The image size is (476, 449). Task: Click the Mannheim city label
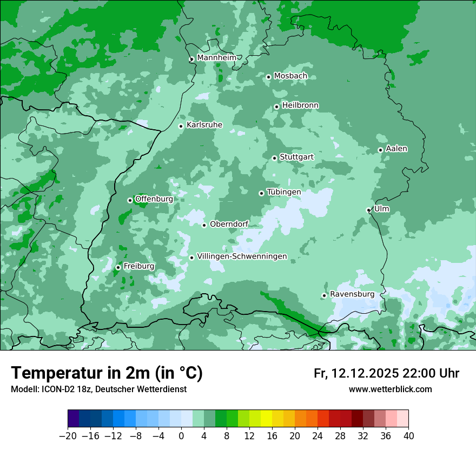click(216, 57)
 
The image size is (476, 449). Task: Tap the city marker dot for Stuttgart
click(274, 158)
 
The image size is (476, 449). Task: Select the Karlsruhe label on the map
click(204, 125)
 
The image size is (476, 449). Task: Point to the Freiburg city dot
click(118, 267)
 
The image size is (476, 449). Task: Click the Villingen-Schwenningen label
click(242, 256)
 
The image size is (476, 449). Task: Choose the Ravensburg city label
click(352, 294)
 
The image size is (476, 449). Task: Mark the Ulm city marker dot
click(368, 210)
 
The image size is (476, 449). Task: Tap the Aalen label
click(396, 149)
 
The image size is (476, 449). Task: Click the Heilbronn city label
click(300, 105)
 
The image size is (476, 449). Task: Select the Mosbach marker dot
click(268, 77)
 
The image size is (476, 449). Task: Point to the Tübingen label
click(283, 192)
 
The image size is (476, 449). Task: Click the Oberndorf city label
click(229, 224)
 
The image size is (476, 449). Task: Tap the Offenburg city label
click(154, 199)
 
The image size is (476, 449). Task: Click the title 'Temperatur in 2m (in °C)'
click(107, 373)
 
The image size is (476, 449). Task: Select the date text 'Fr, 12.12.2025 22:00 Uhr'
click(386, 373)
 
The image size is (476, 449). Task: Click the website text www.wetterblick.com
click(390, 389)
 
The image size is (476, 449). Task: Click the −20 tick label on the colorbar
click(68, 436)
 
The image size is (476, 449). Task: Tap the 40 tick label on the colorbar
click(408, 436)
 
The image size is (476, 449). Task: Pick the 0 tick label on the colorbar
click(181, 436)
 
